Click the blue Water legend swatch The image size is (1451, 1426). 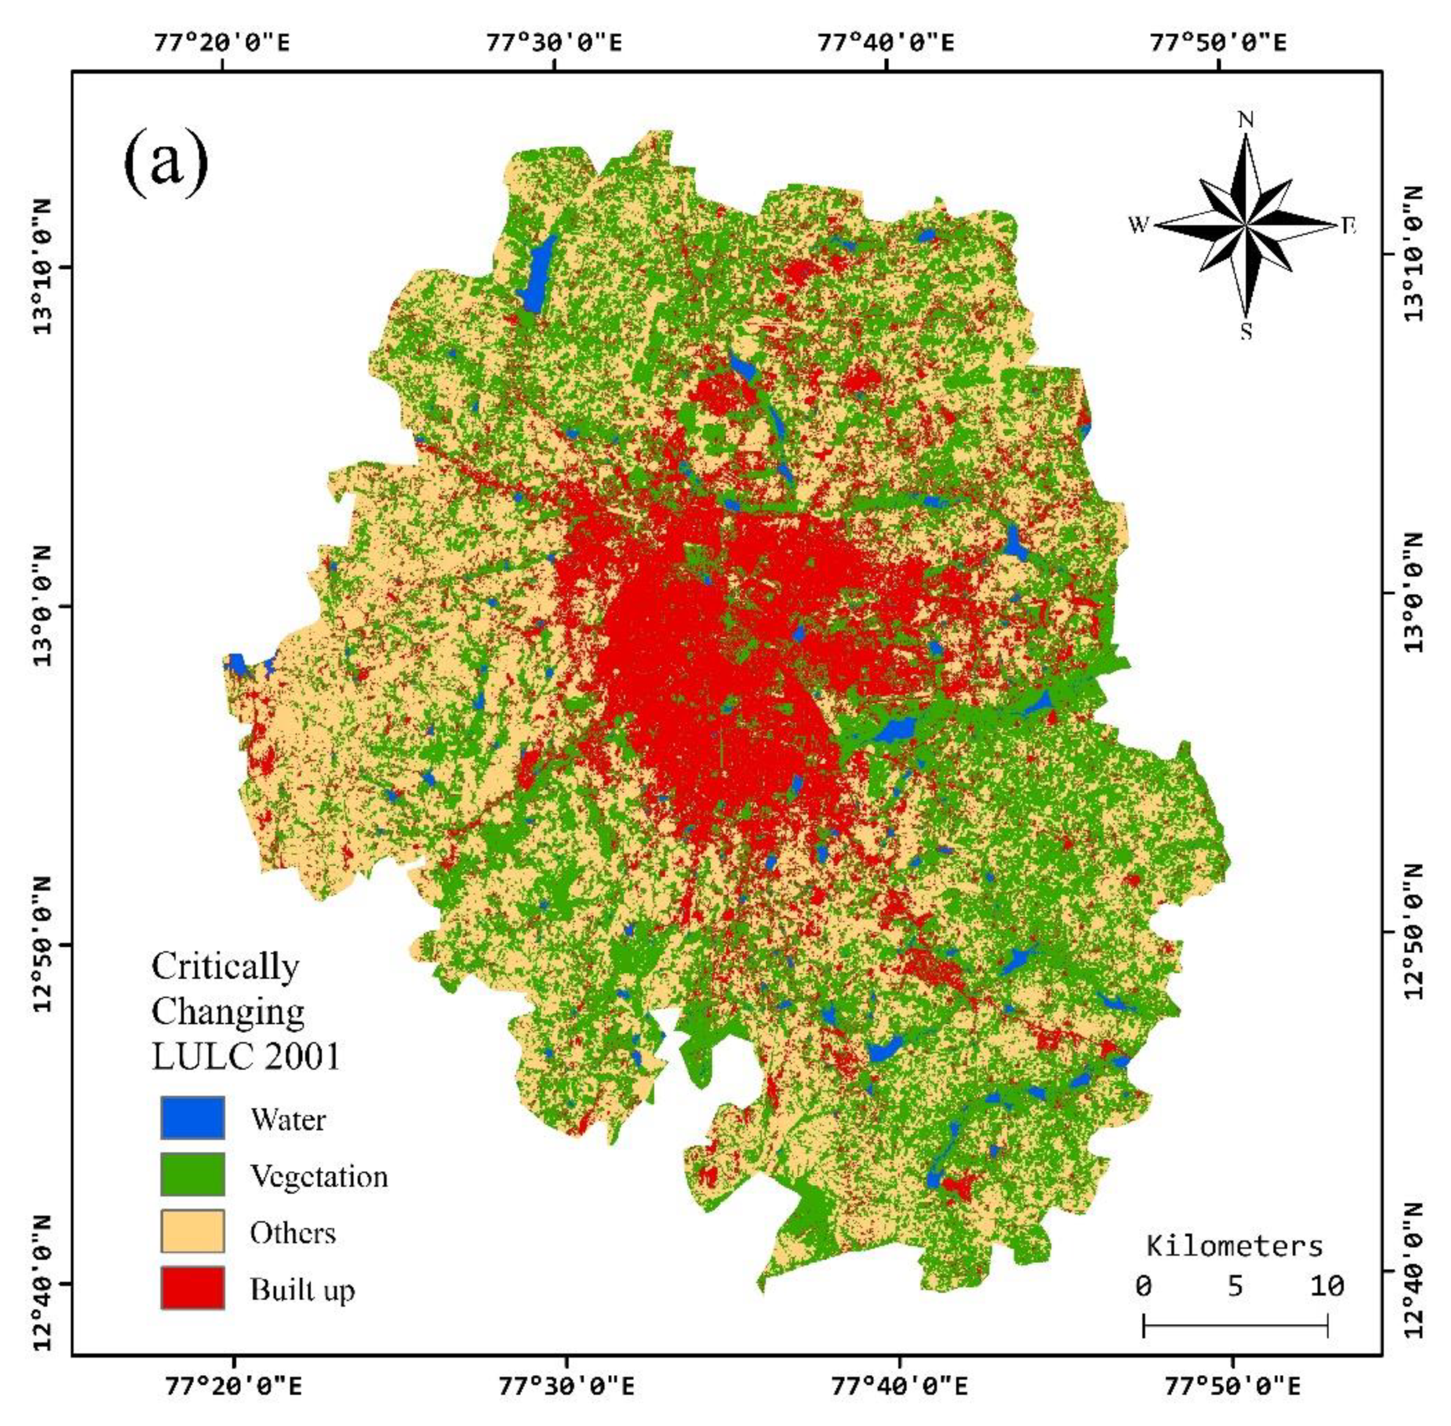pyautogui.click(x=192, y=1117)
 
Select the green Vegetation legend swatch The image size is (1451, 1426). pyautogui.click(x=192, y=1174)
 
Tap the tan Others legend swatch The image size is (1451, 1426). pyautogui.click(x=192, y=1231)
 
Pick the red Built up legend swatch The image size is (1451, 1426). pyautogui.click(x=192, y=1287)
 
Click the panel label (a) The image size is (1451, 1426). pyautogui.click(x=166, y=163)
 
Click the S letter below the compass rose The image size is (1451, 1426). pyautogui.click(x=1245, y=331)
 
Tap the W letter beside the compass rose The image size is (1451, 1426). pyautogui.click(x=1138, y=225)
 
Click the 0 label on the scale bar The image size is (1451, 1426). pyautogui.click(x=1142, y=1286)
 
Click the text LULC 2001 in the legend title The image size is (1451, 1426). pyautogui.click(x=245, y=1057)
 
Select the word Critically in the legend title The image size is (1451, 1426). pyautogui.click(x=224, y=966)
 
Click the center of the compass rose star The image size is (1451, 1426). pyautogui.click(x=1245, y=225)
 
